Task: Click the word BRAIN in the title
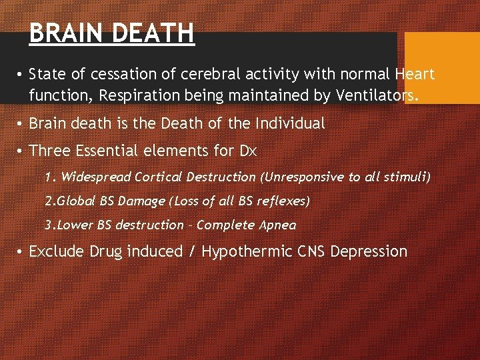[x=63, y=33]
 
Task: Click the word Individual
[x=287, y=123]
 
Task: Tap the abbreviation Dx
[x=247, y=151]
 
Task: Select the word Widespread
[x=95, y=177]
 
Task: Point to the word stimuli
[x=411, y=177]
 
